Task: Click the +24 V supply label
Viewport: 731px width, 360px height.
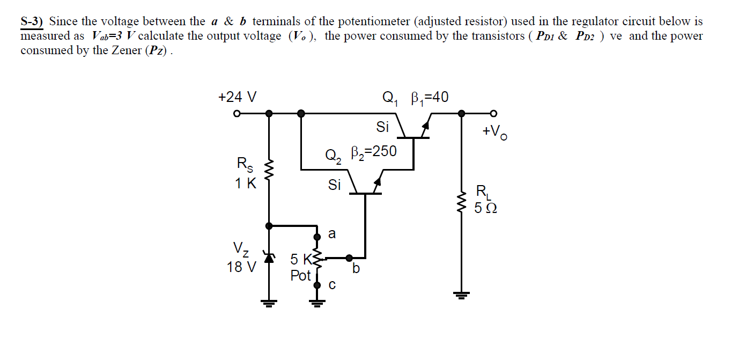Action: point(237,97)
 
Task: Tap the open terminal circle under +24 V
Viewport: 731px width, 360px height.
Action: point(236,114)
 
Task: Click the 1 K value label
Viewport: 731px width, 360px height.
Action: point(246,183)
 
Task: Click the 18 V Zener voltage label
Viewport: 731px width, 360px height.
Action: point(241,267)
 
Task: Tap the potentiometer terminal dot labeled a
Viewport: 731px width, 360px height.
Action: point(317,236)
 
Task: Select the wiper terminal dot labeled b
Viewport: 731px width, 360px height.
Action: point(349,257)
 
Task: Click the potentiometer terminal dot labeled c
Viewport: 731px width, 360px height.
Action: point(317,285)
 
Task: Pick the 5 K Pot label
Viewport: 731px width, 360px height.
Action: point(301,268)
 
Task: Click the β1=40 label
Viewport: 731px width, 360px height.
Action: point(429,98)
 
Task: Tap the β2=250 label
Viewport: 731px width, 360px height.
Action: point(373,152)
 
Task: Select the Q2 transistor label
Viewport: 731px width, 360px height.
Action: point(333,156)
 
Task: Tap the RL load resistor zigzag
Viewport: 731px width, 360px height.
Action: point(461,202)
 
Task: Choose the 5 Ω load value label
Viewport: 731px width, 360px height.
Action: point(486,208)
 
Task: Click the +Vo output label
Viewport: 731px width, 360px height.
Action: point(494,131)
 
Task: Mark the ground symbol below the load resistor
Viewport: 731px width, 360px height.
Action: point(461,295)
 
